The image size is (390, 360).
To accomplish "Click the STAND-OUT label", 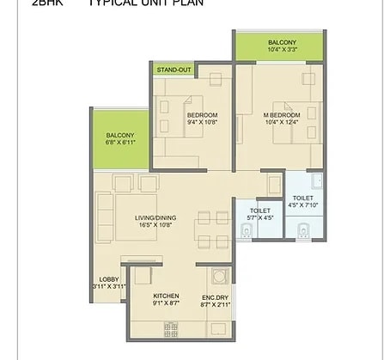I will pyautogui.click(x=173, y=70).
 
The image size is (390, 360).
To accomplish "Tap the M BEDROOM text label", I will pyautogui.click(x=282, y=115).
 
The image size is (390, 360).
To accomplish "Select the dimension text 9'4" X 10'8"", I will pyautogui.click(x=203, y=123).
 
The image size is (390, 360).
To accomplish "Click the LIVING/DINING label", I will pyautogui.click(x=155, y=217).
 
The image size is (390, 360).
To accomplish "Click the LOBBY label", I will pyautogui.click(x=108, y=279).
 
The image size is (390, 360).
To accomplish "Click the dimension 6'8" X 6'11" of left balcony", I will pyautogui.click(x=120, y=143).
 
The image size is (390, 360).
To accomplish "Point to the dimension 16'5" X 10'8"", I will pyautogui.click(x=155, y=225).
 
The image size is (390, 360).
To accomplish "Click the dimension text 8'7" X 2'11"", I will pyautogui.click(x=216, y=302).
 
